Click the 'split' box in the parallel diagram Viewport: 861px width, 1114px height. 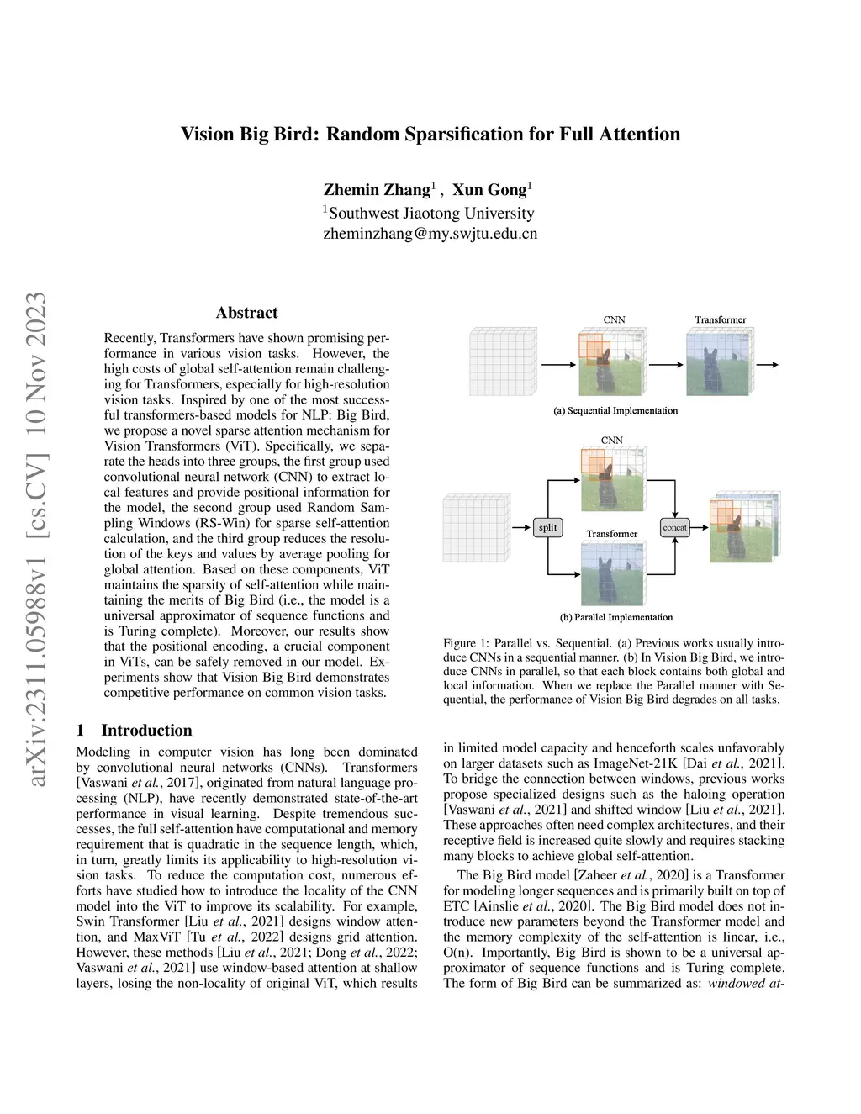pyautogui.click(x=547, y=527)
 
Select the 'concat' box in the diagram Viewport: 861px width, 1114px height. pyautogui.click(x=674, y=527)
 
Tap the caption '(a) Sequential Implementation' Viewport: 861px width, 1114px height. pyautogui.click(x=615, y=410)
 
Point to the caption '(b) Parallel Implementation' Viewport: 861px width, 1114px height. pyautogui.click(x=616, y=617)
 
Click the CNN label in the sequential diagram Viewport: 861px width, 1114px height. pyautogui.click(x=615, y=319)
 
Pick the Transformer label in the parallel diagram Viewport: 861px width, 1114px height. pyautogui.click(x=611, y=534)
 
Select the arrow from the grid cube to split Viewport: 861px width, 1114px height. pyautogui.click(x=521, y=527)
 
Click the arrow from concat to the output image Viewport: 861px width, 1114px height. pyautogui.click(x=697, y=527)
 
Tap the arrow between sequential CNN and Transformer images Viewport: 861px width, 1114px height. pyautogui.click(x=666, y=365)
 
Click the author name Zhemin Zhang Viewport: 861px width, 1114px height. pyautogui.click(x=377, y=189)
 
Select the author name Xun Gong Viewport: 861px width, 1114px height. pyautogui.click(x=489, y=189)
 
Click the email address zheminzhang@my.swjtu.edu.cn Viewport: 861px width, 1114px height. pyautogui.click(x=430, y=234)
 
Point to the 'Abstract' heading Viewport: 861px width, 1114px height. pyautogui.click(x=246, y=313)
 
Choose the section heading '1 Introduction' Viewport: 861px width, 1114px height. pyautogui.click(x=135, y=730)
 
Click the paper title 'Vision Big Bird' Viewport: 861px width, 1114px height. pyautogui.click(x=430, y=135)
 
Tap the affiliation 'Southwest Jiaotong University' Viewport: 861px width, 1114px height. pyautogui.click(x=430, y=213)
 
